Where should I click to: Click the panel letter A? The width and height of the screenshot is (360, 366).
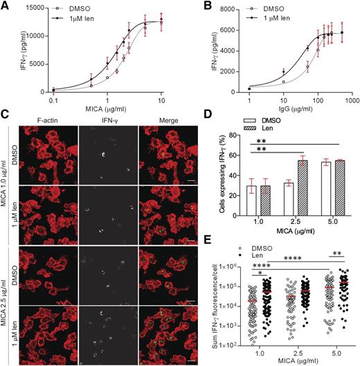pyautogui.click(x=6, y=6)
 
